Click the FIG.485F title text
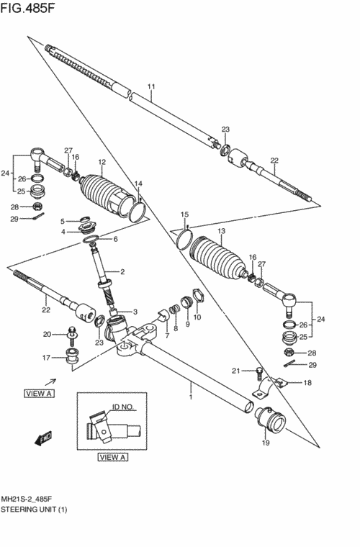[x=27, y=8]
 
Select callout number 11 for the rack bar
[x=151, y=86]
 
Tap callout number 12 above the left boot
[x=102, y=162]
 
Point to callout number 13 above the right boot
[x=221, y=231]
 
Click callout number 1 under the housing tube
[x=191, y=397]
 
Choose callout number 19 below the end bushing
[x=266, y=443]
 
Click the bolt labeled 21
[x=258, y=374]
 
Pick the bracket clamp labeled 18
[x=273, y=386]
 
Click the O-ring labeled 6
[x=91, y=239]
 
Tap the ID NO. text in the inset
[x=123, y=407]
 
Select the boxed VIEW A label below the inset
[x=112, y=457]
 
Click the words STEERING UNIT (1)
[x=34, y=510]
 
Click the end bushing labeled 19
[x=270, y=420]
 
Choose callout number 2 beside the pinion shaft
[x=122, y=272]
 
